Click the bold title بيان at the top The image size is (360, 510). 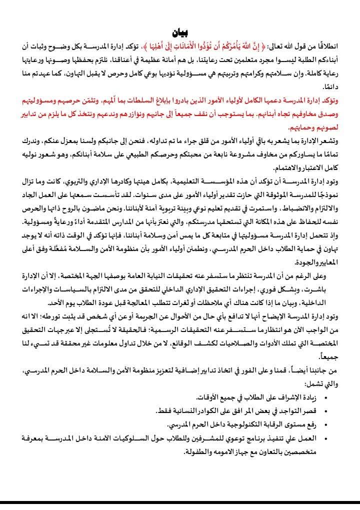tap(180, 33)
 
